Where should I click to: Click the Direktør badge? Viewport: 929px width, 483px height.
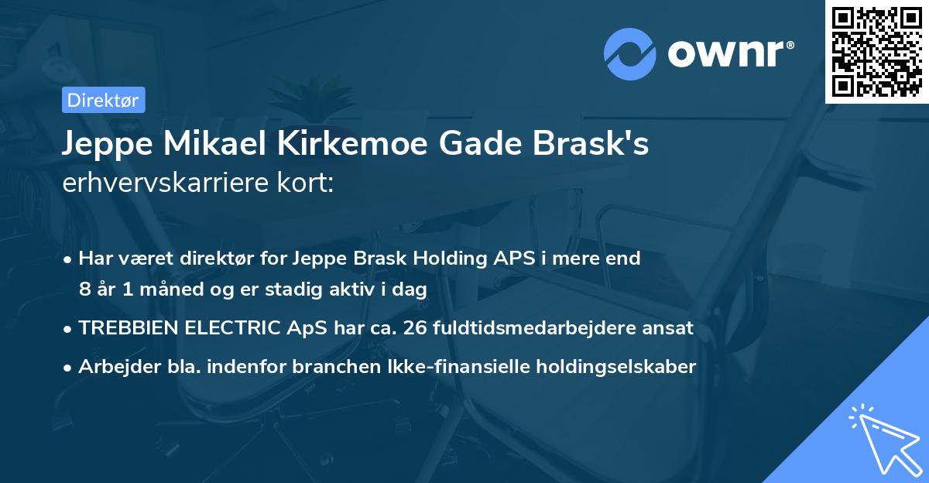click(x=103, y=100)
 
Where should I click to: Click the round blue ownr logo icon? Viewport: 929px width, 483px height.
click(x=630, y=53)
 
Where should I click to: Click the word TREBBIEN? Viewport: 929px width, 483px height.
click(x=128, y=327)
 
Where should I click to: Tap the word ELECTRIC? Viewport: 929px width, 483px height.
click(x=233, y=327)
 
